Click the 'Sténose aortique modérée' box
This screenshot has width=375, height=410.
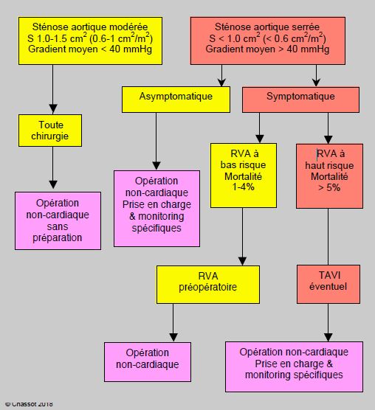(x=90, y=41)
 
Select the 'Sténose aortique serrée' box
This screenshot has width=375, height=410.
(x=268, y=41)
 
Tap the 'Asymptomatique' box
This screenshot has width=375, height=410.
(x=176, y=100)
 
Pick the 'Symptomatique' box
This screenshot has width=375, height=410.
(x=300, y=100)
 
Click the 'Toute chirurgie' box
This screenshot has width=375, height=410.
(x=50, y=131)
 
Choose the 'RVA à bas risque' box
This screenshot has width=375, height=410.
(x=244, y=176)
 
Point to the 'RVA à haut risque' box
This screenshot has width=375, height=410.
(x=329, y=176)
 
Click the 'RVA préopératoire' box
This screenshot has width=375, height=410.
(x=208, y=285)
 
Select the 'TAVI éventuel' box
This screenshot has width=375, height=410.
(x=328, y=284)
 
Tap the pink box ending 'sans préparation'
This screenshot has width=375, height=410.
(x=58, y=220)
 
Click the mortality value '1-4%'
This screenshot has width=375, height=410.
(x=244, y=187)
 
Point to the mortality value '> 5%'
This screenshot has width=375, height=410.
(x=329, y=187)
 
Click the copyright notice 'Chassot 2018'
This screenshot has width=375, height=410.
(x=29, y=404)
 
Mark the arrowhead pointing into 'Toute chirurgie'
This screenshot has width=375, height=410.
(x=53, y=109)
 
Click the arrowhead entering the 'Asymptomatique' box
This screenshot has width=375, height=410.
(x=221, y=82)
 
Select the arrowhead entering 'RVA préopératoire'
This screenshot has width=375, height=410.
(x=242, y=261)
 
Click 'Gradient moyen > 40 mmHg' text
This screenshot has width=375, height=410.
(x=267, y=49)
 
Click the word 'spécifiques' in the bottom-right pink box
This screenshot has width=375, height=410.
(x=318, y=375)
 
